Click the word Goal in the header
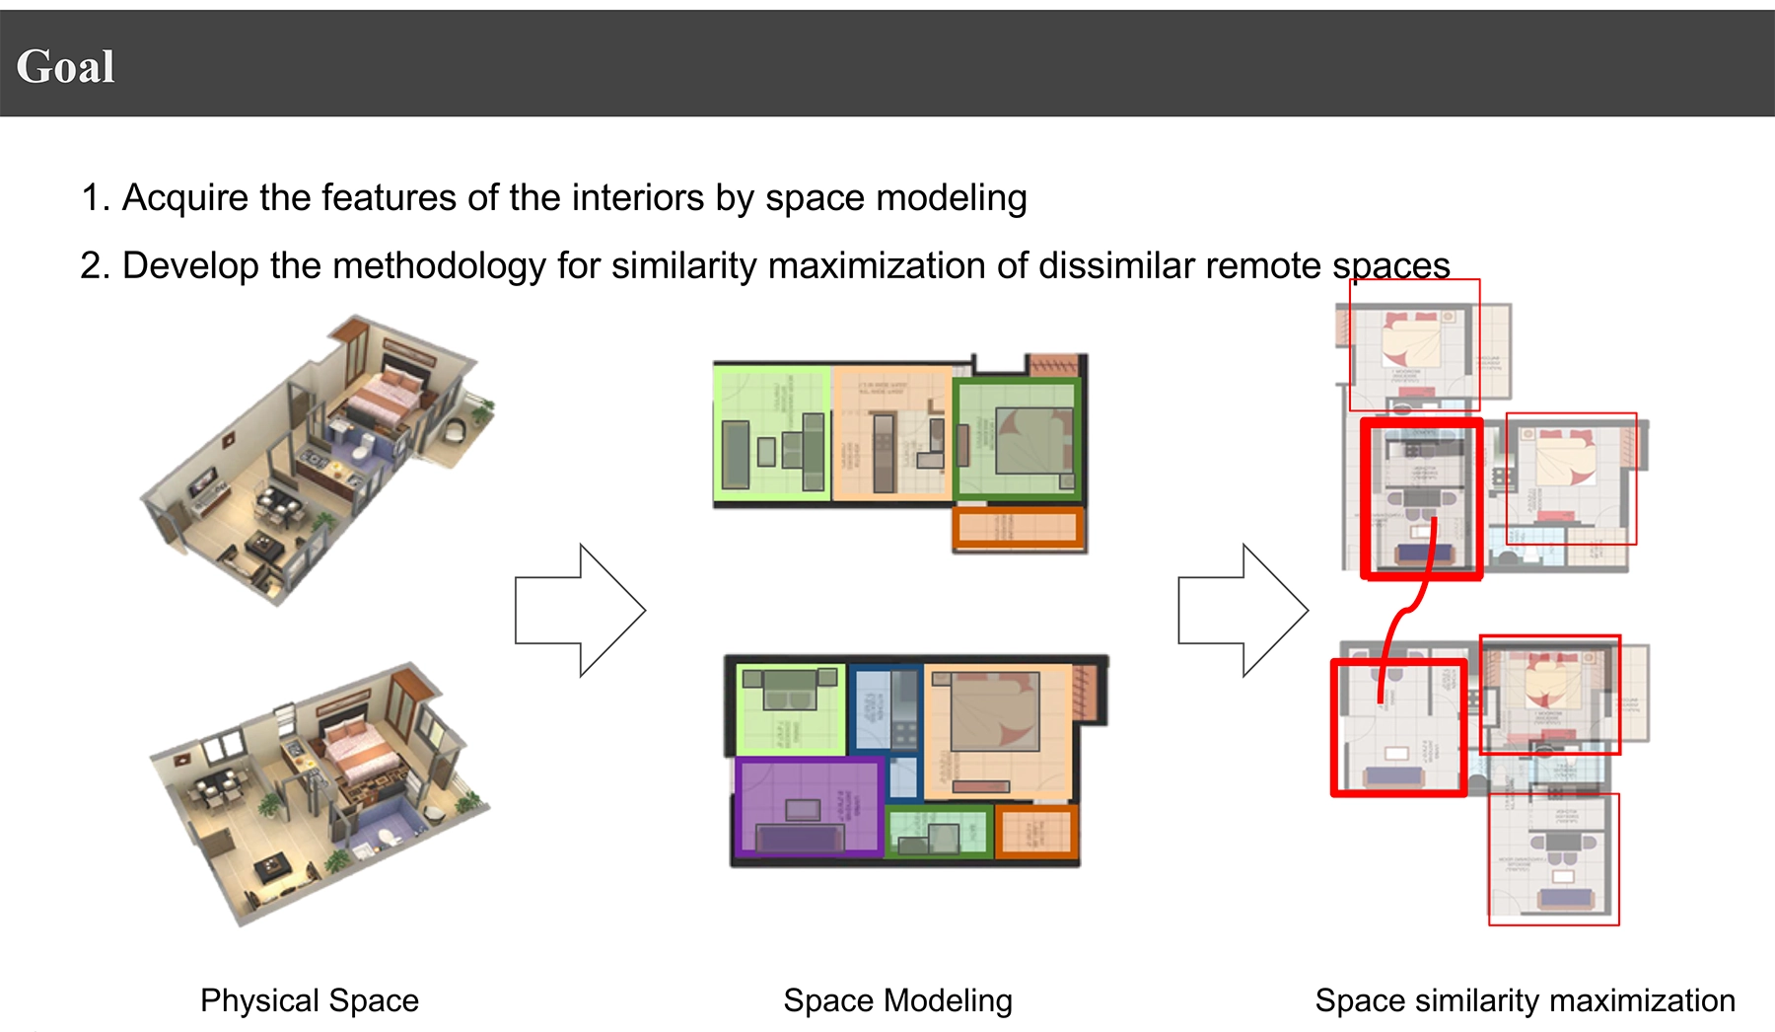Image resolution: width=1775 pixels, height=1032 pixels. point(65,67)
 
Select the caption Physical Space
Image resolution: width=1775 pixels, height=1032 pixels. point(310,1000)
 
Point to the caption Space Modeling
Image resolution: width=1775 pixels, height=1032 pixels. point(897,1000)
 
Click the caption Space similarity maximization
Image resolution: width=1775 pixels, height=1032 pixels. point(1525,1000)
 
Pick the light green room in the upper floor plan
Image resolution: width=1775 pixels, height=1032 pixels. point(771,434)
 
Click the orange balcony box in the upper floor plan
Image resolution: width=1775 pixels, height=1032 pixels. point(1019,528)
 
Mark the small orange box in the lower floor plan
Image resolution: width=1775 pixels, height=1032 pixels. point(1035,831)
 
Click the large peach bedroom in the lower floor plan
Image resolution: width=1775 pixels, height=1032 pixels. point(996,730)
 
